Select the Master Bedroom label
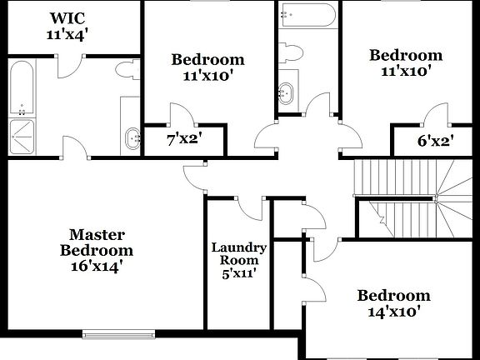click(x=96, y=242)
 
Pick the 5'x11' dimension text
click(x=238, y=272)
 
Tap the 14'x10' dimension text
click(x=393, y=312)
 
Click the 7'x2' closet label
click(x=184, y=139)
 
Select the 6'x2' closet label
click(x=433, y=140)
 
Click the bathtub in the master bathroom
click(x=20, y=88)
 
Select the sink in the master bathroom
click(x=132, y=137)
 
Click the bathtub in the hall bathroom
click(x=307, y=12)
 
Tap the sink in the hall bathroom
click(x=288, y=92)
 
